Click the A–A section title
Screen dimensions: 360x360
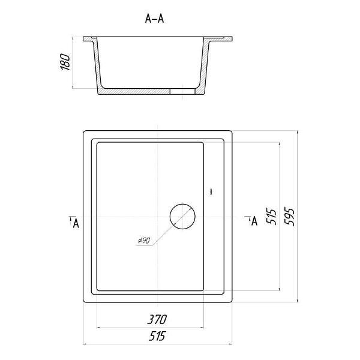(x=155, y=19)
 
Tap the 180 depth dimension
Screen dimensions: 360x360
(x=65, y=62)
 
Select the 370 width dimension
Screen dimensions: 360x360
(x=157, y=319)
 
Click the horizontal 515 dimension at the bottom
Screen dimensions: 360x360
(x=157, y=336)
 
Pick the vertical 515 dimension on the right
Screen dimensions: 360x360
(x=271, y=217)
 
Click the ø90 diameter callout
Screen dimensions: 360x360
(x=144, y=241)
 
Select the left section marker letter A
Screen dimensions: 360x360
(x=76, y=223)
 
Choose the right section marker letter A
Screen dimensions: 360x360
(x=254, y=221)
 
